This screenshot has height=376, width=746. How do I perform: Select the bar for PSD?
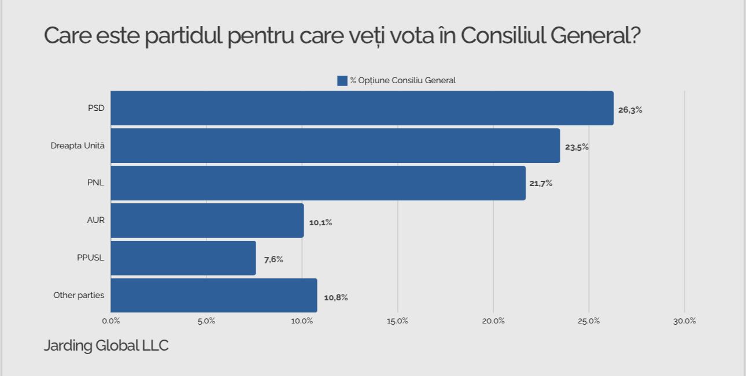pyautogui.click(x=362, y=108)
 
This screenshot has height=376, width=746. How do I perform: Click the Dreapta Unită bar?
pyautogui.click(x=335, y=146)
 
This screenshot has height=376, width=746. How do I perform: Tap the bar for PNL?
pyautogui.click(x=318, y=183)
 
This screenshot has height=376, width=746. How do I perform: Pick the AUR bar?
pyautogui.click(x=207, y=221)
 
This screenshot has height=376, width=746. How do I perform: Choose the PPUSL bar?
pyautogui.click(x=183, y=258)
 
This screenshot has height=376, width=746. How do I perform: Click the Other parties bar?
pyautogui.click(x=214, y=296)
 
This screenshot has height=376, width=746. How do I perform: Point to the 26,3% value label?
pyautogui.click(x=630, y=110)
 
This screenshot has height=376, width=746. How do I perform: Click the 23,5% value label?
pyautogui.click(x=577, y=147)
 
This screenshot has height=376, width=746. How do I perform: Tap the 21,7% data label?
pyautogui.click(x=541, y=184)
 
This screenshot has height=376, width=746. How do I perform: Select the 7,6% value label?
pyautogui.click(x=274, y=259)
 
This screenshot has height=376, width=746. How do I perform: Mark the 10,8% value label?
pyautogui.click(x=335, y=297)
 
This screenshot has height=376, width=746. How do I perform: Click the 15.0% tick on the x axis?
pyautogui.click(x=397, y=321)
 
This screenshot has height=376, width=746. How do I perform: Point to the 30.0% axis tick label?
pyautogui.click(x=684, y=321)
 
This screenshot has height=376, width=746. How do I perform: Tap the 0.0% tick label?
pyautogui.click(x=110, y=321)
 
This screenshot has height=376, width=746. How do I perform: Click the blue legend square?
pyautogui.click(x=342, y=81)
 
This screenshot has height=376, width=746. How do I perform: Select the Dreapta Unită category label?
pyautogui.click(x=77, y=146)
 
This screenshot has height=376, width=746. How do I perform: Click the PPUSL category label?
pyautogui.click(x=90, y=258)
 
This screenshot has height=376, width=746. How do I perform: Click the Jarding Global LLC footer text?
pyautogui.click(x=106, y=346)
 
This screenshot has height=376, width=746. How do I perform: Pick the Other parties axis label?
pyautogui.click(x=79, y=295)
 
